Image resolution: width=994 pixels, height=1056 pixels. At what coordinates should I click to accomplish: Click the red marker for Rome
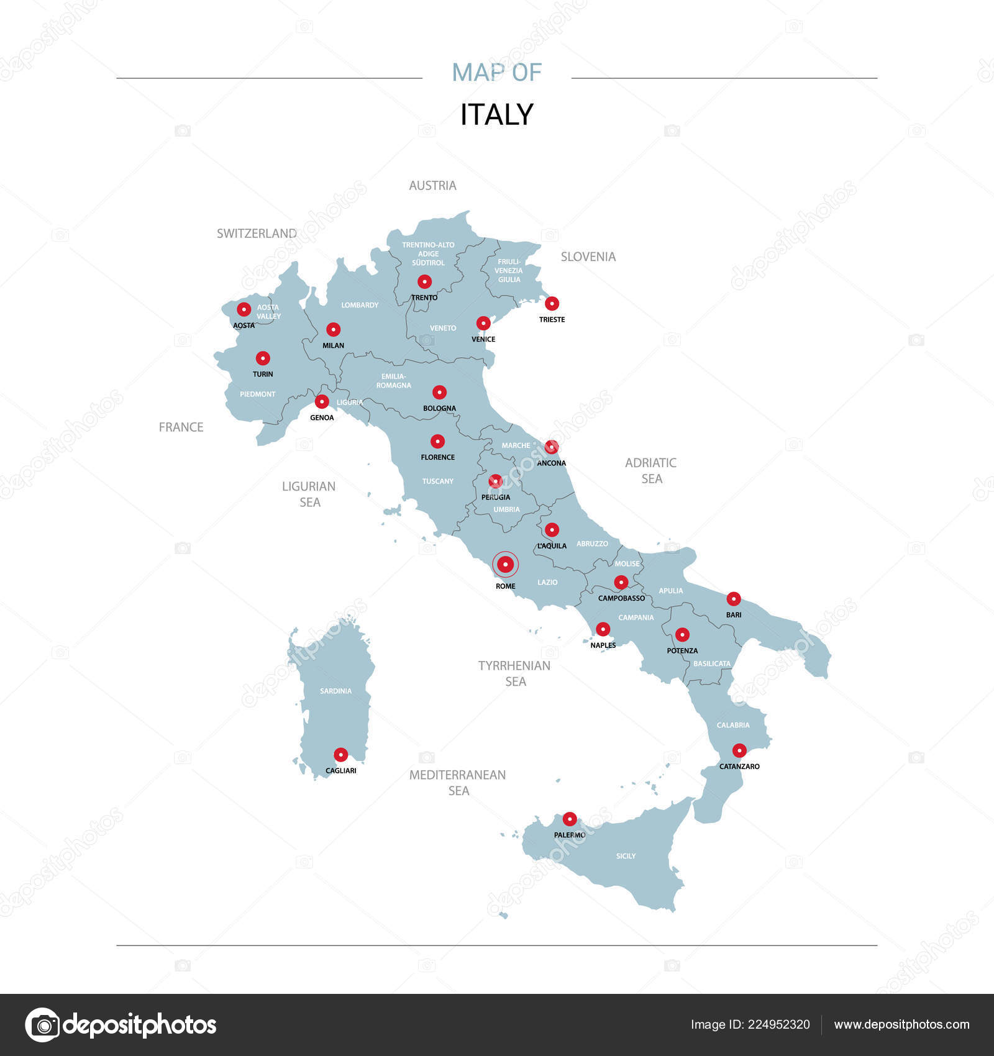point(505,564)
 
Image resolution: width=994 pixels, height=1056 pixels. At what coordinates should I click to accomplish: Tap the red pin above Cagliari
point(340,755)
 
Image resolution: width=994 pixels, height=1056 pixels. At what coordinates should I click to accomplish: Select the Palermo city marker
point(569,819)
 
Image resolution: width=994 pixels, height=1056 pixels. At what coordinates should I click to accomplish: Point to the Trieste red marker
point(552,304)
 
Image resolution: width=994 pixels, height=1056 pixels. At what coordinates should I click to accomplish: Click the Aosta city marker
point(244,309)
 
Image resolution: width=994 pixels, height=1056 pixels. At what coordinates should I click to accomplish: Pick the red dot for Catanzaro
point(739,750)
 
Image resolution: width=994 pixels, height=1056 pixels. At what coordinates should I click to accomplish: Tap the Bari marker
point(734,599)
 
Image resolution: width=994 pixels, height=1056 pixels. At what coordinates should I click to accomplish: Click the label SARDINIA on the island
point(335,691)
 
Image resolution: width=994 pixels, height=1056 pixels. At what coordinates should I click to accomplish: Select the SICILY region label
point(626,856)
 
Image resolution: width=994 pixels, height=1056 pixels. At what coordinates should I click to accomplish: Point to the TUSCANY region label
point(437,481)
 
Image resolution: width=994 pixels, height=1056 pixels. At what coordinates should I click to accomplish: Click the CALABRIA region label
point(733,725)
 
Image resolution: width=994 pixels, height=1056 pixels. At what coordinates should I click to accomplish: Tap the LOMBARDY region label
point(360,305)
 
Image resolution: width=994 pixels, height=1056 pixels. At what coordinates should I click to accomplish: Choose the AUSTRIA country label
point(432,185)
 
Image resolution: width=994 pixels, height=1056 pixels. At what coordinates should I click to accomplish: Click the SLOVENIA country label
point(588,257)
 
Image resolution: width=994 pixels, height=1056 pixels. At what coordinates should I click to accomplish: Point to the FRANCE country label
point(181,427)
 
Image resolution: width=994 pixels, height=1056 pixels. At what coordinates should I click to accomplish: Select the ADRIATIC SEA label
point(650,470)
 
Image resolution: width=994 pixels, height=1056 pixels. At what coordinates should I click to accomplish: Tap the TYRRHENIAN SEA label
point(514,673)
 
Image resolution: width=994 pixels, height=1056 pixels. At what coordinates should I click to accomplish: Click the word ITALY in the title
point(496,114)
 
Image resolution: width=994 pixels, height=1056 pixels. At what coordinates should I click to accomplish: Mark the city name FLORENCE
point(437,457)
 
